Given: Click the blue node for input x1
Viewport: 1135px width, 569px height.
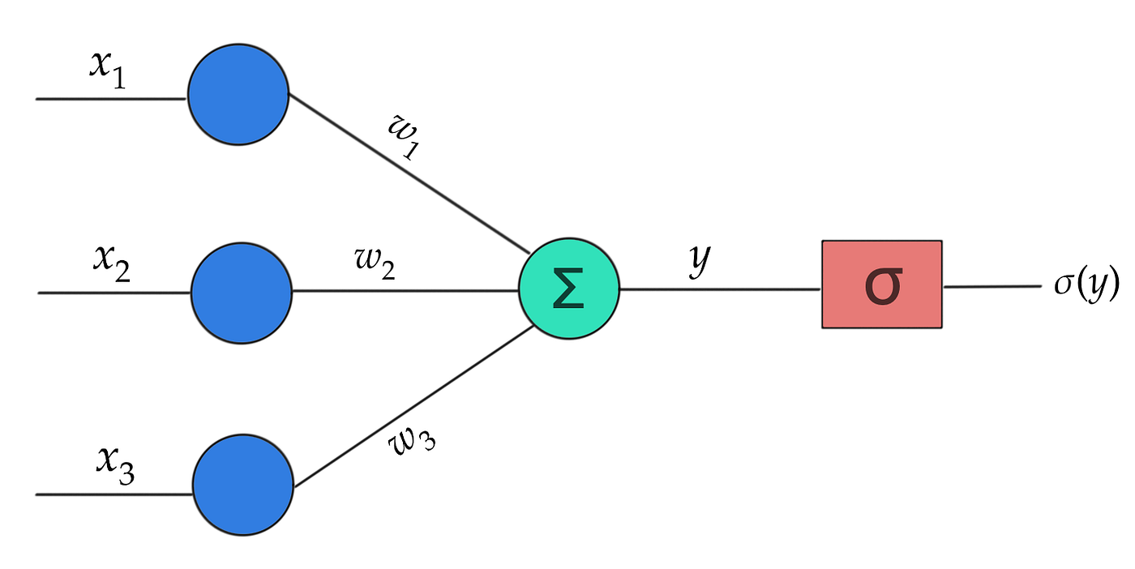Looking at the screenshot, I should coord(238,95).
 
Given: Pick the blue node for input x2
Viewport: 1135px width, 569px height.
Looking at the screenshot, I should coord(241,292).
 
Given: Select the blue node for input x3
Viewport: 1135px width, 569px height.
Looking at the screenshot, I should coord(242,486).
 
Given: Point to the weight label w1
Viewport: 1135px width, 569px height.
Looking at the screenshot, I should coord(405,137).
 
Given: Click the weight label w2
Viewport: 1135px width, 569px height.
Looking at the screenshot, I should coord(375,266).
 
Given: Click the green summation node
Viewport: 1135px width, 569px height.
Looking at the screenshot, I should coord(569,289).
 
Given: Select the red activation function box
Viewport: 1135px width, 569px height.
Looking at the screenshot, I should coord(882,284).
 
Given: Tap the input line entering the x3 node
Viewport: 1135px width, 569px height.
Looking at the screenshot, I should coord(113,494).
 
